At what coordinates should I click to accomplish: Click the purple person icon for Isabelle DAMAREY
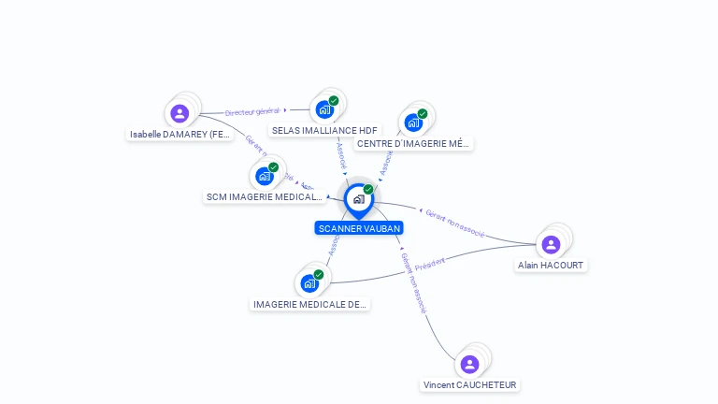[x=179, y=113]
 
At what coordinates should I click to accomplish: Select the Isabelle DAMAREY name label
[x=180, y=135]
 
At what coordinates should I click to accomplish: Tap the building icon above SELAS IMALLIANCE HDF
[x=324, y=109]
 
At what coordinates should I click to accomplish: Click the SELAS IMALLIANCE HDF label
[x=324, y=131]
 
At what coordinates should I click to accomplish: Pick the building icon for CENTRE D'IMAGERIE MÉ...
[x=413, y=123]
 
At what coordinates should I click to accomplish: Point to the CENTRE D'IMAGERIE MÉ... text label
[x=413, y=144]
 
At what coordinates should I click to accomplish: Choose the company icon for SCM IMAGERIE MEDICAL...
[x=265, y=176]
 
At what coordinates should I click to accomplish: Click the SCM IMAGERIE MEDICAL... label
[x=264, y=197]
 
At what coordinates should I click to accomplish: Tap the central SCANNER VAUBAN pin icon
[x=358, y=199]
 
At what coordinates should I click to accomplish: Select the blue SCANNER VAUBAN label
[x=359, y=228]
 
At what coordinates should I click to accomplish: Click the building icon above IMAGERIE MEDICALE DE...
[x=309, y=283]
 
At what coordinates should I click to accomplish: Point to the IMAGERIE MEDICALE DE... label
[x=309, y=305]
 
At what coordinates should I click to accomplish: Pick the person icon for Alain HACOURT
[x=551, y=244]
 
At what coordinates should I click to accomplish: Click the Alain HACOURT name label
[x=551, y=266]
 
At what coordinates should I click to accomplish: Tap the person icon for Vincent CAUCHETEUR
[x=469, y=364]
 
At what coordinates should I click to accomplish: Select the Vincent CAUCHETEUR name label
[x=469, y=385]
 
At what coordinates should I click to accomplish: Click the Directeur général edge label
[x=252, y=111]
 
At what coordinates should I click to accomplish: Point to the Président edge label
[x=430, y=263]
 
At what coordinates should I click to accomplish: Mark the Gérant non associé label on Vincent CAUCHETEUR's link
[x=413, y=281]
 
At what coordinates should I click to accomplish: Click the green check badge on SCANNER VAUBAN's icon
[x=368, y=190]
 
